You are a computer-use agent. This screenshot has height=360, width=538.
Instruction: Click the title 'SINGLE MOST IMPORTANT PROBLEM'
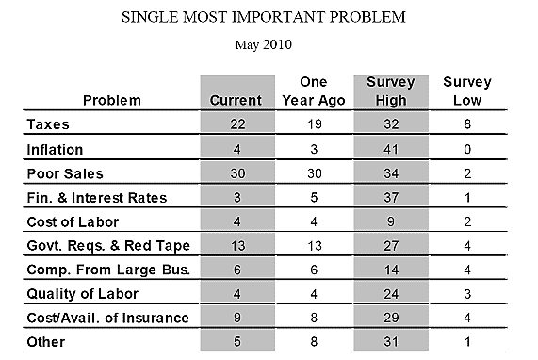(270, 16)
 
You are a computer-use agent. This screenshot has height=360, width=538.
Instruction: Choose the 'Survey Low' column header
(467, 90)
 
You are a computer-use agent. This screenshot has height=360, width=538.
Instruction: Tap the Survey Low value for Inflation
(467, 149)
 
